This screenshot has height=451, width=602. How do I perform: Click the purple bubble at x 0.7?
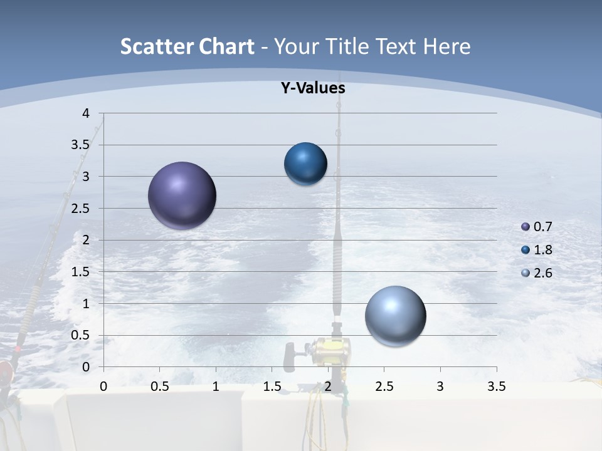click(x=182, y=195)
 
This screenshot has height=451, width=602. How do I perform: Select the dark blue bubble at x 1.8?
click(x=305, y=163)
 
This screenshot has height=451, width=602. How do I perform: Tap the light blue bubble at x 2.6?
click(x=395, y=316)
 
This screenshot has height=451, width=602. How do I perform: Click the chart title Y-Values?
click(x=312, y=88)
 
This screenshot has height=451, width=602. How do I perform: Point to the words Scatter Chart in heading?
click(x=187, y=46)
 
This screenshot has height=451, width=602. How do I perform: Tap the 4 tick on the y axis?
click(x=86, y=113)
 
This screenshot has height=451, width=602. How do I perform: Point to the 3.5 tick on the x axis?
click(x=496, y=386)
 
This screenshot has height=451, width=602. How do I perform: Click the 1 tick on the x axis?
click(x=216, y=386)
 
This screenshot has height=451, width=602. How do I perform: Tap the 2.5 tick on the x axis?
click(x=384, y=386)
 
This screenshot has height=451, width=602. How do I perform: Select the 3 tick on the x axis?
click(x=440, y=386)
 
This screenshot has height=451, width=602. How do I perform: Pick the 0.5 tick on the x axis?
click(x=160, y=386)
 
